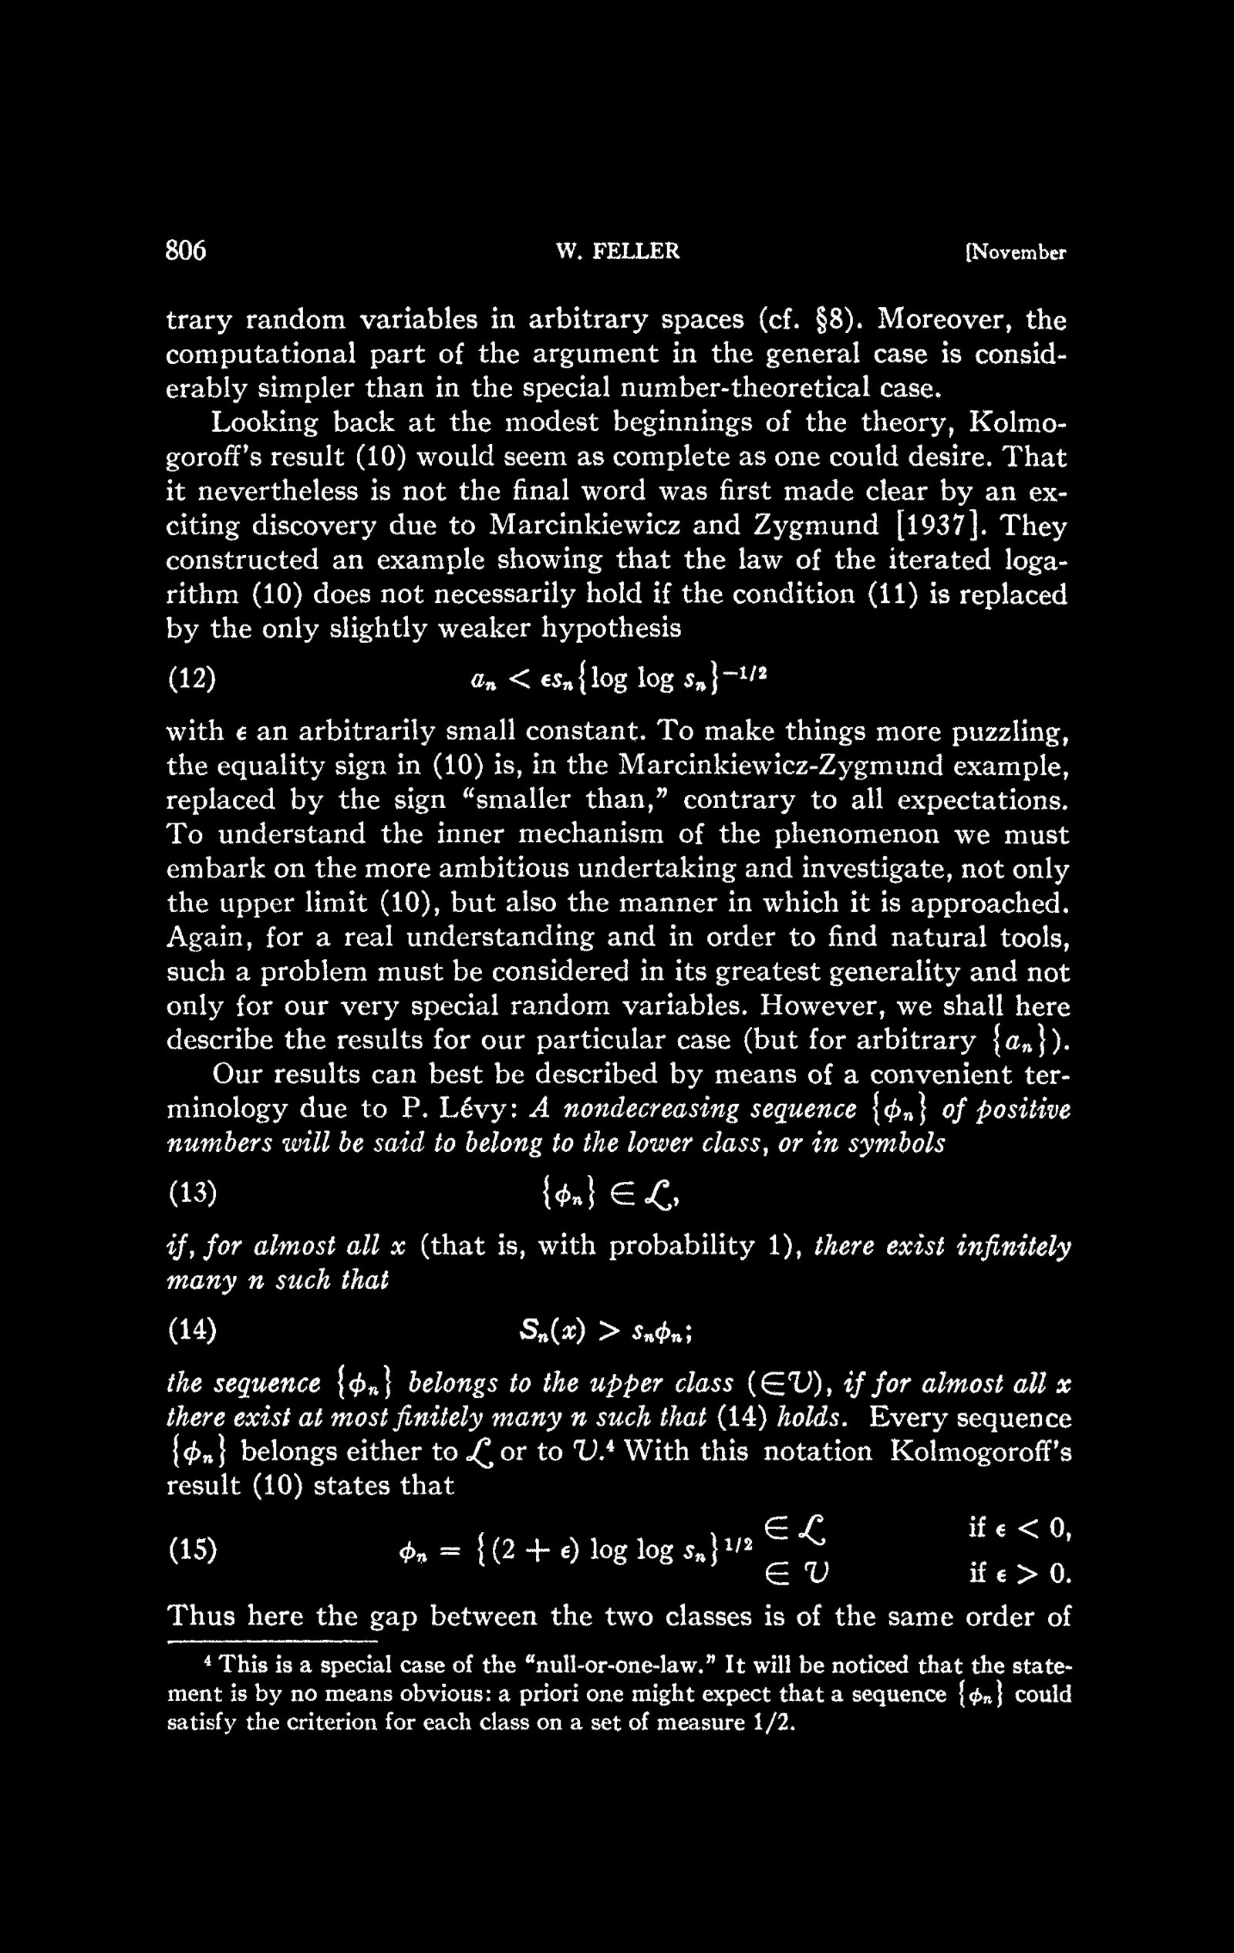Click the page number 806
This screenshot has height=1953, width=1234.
pos(186,251)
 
